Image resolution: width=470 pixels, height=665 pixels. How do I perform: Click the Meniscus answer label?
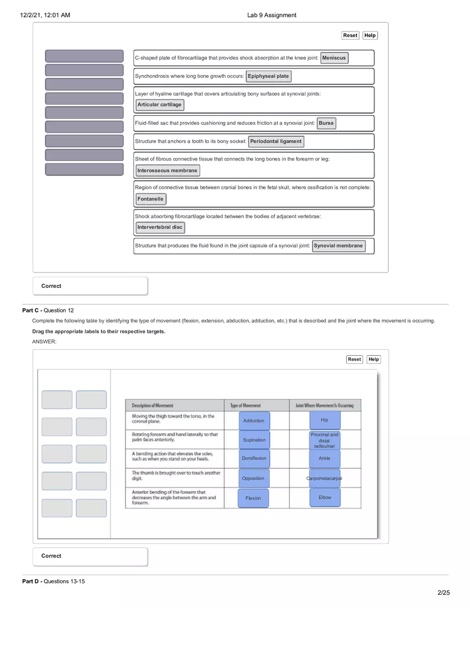334,58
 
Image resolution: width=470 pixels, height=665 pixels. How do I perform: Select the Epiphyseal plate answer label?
268,76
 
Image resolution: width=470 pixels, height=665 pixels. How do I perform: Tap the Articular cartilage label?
160,105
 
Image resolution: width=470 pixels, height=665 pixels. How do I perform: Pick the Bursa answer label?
326,123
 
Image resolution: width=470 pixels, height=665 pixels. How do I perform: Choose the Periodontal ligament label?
276,141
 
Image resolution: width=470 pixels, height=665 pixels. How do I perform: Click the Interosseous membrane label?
168,171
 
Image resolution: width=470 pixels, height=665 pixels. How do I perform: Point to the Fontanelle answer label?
151,199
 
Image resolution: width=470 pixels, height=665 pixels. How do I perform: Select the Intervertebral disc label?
160,227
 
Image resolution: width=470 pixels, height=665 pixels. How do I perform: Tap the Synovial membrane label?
339,246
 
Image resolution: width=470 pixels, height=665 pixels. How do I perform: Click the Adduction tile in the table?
254,421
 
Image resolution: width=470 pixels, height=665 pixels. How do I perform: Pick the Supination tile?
254,440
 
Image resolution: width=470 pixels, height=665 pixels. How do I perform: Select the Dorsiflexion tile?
254,459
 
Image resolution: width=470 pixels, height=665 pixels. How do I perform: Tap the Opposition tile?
253,478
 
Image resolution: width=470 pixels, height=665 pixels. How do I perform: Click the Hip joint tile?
325,420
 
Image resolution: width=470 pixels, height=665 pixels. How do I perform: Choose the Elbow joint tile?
325,498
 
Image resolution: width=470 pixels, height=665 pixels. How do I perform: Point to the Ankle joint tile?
325,459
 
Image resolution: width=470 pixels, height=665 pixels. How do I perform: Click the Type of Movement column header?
246,406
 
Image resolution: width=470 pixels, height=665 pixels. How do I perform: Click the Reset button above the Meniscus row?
350,36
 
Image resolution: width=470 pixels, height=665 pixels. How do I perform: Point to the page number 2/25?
443,592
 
